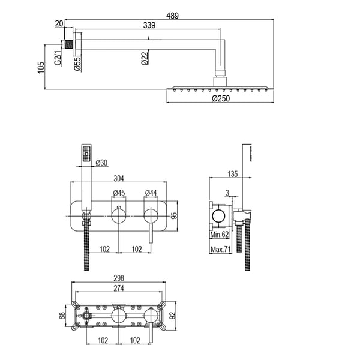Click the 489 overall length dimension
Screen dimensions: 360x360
tap(172, 16)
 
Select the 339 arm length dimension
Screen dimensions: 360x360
tap(149, 25)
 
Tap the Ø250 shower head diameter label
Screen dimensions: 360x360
tap(221, 98)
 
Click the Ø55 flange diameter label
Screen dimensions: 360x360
tap(77, 63)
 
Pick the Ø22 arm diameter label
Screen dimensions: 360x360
tap(145, 58)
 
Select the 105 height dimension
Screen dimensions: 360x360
tap(41, 67)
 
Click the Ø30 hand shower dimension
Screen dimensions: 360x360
tap(101, 163)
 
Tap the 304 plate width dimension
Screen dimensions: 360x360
tap(119, 178)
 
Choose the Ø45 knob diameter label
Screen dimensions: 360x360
tap(119, 193)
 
